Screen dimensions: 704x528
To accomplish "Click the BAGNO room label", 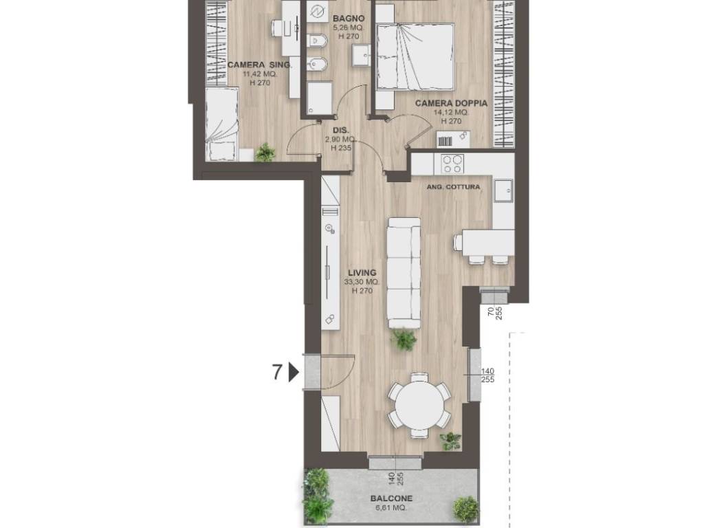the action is (349, 19).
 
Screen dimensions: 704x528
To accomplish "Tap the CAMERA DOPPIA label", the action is (451, 103).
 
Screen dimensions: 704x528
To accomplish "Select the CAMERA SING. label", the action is (259, 65).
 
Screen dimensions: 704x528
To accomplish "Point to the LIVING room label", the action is (362, 272).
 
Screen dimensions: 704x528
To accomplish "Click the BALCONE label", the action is (391, 498).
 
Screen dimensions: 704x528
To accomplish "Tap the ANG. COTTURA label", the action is (453, 187).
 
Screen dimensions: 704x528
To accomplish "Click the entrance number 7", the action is (278, 372).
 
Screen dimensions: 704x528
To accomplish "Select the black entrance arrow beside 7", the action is (293, 372).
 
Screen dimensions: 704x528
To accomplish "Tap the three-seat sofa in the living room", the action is (404, 272).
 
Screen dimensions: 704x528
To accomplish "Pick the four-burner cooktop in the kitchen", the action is (452, 164).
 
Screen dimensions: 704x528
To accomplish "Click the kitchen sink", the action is (503, 191).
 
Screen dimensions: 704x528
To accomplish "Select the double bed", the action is (414, 56).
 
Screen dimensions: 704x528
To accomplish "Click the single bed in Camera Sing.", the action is (221, 124).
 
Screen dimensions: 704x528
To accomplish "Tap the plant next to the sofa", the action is (404, 339).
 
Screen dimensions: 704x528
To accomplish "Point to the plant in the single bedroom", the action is (265, 153).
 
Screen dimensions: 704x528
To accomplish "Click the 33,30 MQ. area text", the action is (362, 282).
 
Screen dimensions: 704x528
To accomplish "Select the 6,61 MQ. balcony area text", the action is (391, 508).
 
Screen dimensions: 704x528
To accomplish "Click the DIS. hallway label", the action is (340, 130).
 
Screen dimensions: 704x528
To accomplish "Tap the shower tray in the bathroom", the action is (320, 98).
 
